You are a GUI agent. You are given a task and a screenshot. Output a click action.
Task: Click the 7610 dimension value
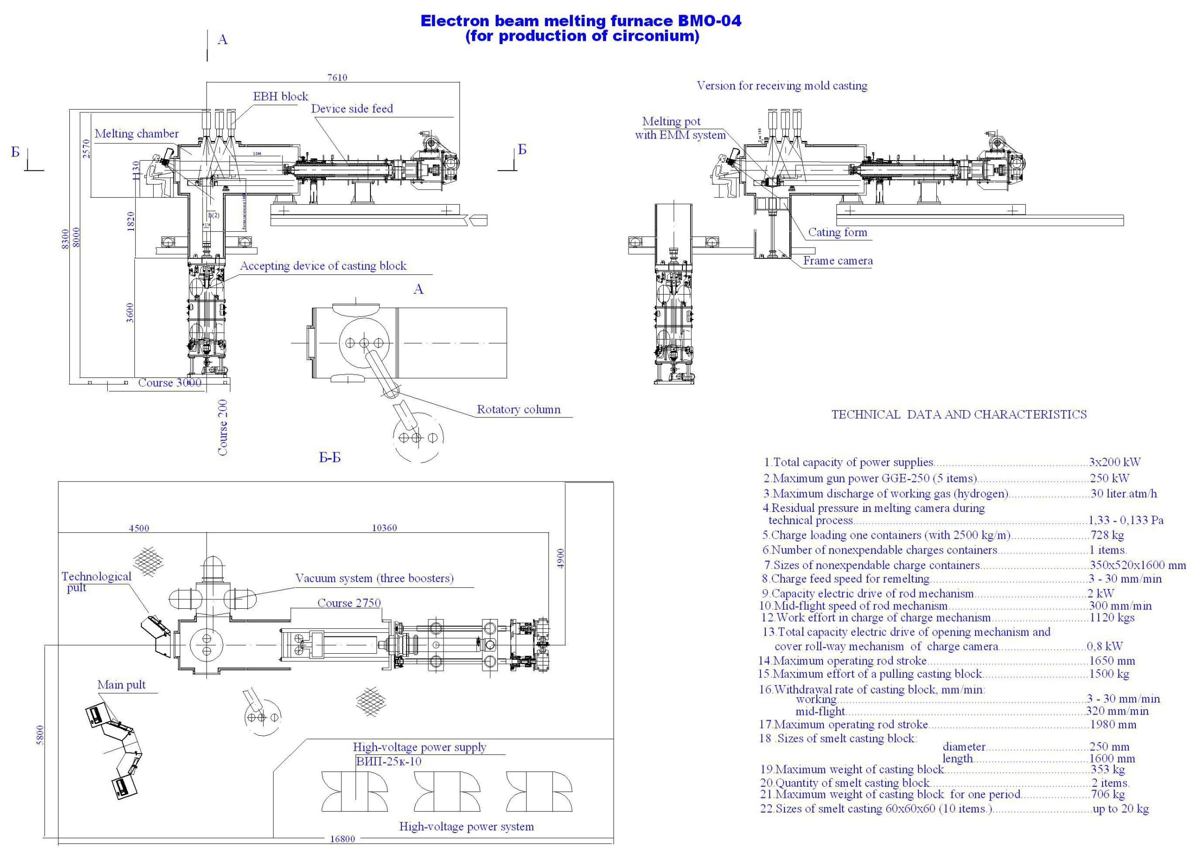click(x=337, y=78)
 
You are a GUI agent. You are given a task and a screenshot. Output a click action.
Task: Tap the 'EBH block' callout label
click(x=280, y=97)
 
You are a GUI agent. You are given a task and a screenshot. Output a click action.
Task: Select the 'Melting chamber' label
click(x=136, y=133)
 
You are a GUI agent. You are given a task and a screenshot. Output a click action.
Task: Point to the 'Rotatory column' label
click(x=518, y=410)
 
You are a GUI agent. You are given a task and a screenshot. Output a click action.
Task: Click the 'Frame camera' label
click(x=837, y=260)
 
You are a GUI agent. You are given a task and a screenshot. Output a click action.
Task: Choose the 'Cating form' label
click(x=837, y=233)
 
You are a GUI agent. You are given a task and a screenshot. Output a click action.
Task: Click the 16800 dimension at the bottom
click(x=342, y=839)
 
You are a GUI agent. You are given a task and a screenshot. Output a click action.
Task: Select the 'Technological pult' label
click(x=96, y=582)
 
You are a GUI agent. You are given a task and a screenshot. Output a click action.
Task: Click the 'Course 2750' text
click(x=348, y=603)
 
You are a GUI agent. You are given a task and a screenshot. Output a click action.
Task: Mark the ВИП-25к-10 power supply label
click(x=389, y=761)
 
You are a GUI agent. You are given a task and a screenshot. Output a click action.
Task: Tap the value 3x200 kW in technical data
click(x=1114, y=462)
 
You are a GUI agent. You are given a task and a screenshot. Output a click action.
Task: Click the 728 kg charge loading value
click(x=1106, y=535)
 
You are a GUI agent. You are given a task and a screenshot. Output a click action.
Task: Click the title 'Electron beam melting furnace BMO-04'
click(x=580, y=21)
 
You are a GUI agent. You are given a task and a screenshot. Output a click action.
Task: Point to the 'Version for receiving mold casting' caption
click(x=781, y=86)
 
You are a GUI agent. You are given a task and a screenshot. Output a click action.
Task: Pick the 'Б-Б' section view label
click(x=330, y=458)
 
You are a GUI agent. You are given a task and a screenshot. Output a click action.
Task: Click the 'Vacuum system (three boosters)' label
click(x=374, y=578)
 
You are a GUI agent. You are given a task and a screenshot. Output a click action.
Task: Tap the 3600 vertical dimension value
click(x=130, y=312)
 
